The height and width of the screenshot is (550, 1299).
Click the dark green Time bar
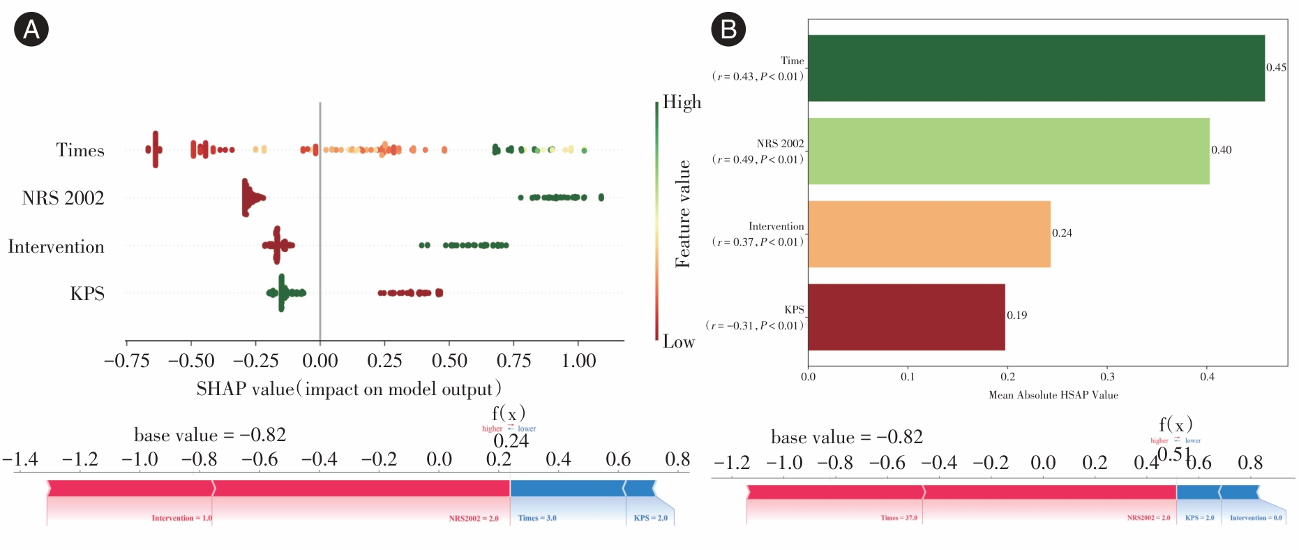click(1036, 68)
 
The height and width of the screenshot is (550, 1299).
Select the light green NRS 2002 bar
click(1008, 151)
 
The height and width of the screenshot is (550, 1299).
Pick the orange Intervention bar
click(929, 234)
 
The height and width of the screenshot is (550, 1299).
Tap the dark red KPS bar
click(906, 316)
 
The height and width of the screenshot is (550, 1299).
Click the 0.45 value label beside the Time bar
click(1276, 68)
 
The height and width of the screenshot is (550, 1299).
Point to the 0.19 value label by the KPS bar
click(1016, 315)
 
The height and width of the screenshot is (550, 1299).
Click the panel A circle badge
click(31, 29)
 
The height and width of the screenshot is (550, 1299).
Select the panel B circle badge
click(728, 29)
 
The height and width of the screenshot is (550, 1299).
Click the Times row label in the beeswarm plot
click(80, 150)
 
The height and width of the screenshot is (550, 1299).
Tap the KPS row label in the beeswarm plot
click(87, 294)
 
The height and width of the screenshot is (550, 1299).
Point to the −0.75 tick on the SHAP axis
click(127, 361)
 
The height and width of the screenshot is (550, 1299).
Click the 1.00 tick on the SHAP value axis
click(578, 361)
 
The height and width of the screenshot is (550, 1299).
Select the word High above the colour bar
click(682, 102)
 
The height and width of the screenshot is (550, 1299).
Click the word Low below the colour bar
click(678, 342)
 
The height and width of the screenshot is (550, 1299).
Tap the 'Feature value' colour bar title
click(683, 214)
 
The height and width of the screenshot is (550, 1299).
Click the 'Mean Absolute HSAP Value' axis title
click(1053, 395)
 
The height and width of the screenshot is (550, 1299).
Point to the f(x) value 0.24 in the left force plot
click(511, 441)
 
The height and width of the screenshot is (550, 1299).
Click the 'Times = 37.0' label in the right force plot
click(899, 518)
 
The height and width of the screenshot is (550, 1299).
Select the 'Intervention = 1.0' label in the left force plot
click(181, 518)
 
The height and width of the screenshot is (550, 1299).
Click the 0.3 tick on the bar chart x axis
click(1107, 377)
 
